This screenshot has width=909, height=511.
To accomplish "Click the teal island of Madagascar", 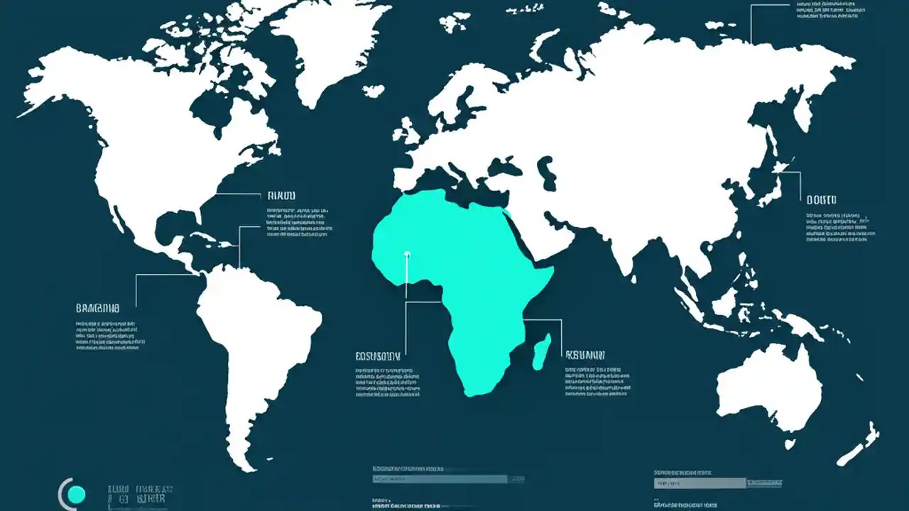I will pyautogui.click(x=542, y=351).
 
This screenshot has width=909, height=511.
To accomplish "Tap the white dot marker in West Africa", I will pyautogui.click(x=407, y=253).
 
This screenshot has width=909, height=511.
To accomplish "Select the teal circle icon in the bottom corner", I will pyautogui.click(x=75, y=495).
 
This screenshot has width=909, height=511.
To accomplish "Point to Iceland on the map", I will pyautogui.click(x=373, y=91).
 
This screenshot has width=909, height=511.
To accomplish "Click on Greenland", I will pyautogui.click(x=327, y=43).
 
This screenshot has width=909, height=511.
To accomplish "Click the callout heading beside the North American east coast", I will pyautogui.click(x=281, y=195).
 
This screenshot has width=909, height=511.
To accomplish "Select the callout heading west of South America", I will pyautogui.click(x=97, y=309).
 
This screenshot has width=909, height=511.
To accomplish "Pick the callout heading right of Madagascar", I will pyautogui.click(x=584, y=354).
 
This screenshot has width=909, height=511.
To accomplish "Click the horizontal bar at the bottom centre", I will pyautogui.click(x=440, y=479).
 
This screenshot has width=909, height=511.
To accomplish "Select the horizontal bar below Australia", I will pyautogui.click(x=700, y=483).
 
